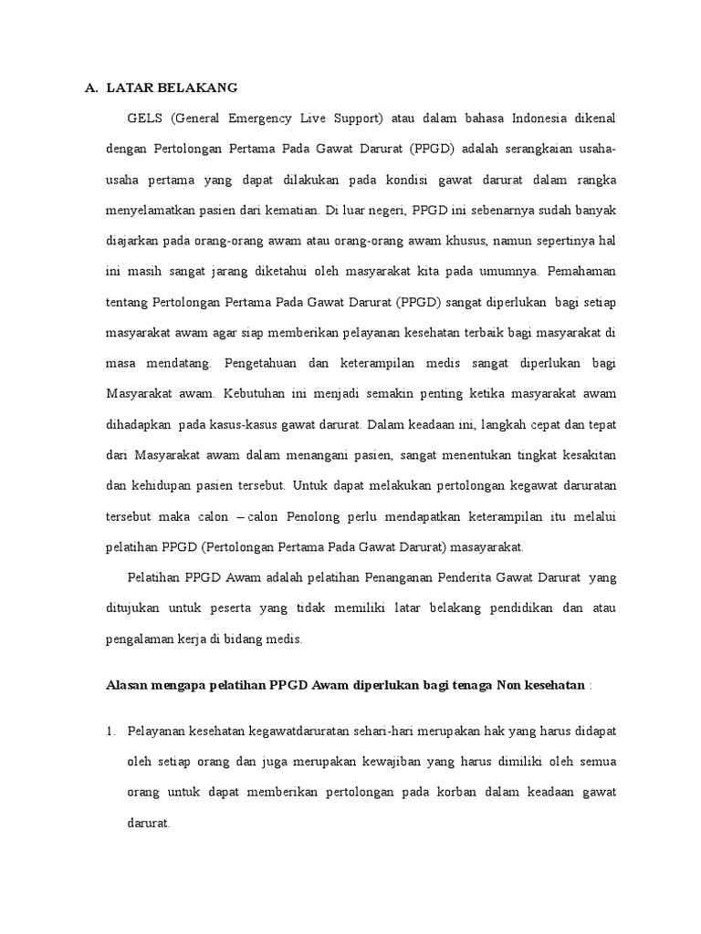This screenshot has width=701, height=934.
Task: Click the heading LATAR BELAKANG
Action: pyautogui.click(x=172, y=88)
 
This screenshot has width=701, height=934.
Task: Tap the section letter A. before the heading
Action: pyautogui.click(x=90, y=88)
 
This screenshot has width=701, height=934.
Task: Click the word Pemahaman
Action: pyautogui.click(x=583, y=271)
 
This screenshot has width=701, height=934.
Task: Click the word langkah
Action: pyautogui.click(x=485, y=424)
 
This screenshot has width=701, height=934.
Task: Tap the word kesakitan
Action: pyautogui.click(x=586, y=455)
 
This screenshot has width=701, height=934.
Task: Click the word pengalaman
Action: pyautogui.click(x=141, y=640)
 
